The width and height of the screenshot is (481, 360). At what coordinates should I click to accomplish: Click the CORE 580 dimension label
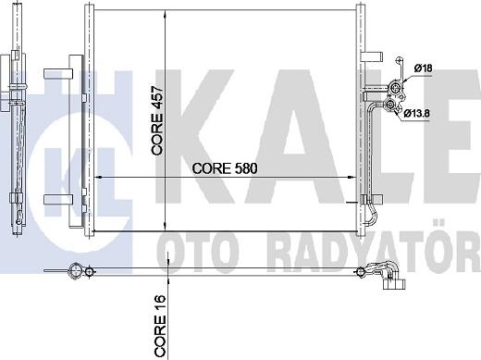[223, 169]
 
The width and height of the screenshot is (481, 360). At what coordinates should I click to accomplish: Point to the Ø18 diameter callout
[425, 68]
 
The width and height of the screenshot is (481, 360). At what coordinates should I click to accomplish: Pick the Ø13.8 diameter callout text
[428, 113]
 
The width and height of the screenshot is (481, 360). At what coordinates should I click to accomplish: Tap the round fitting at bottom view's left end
[75, 271]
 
